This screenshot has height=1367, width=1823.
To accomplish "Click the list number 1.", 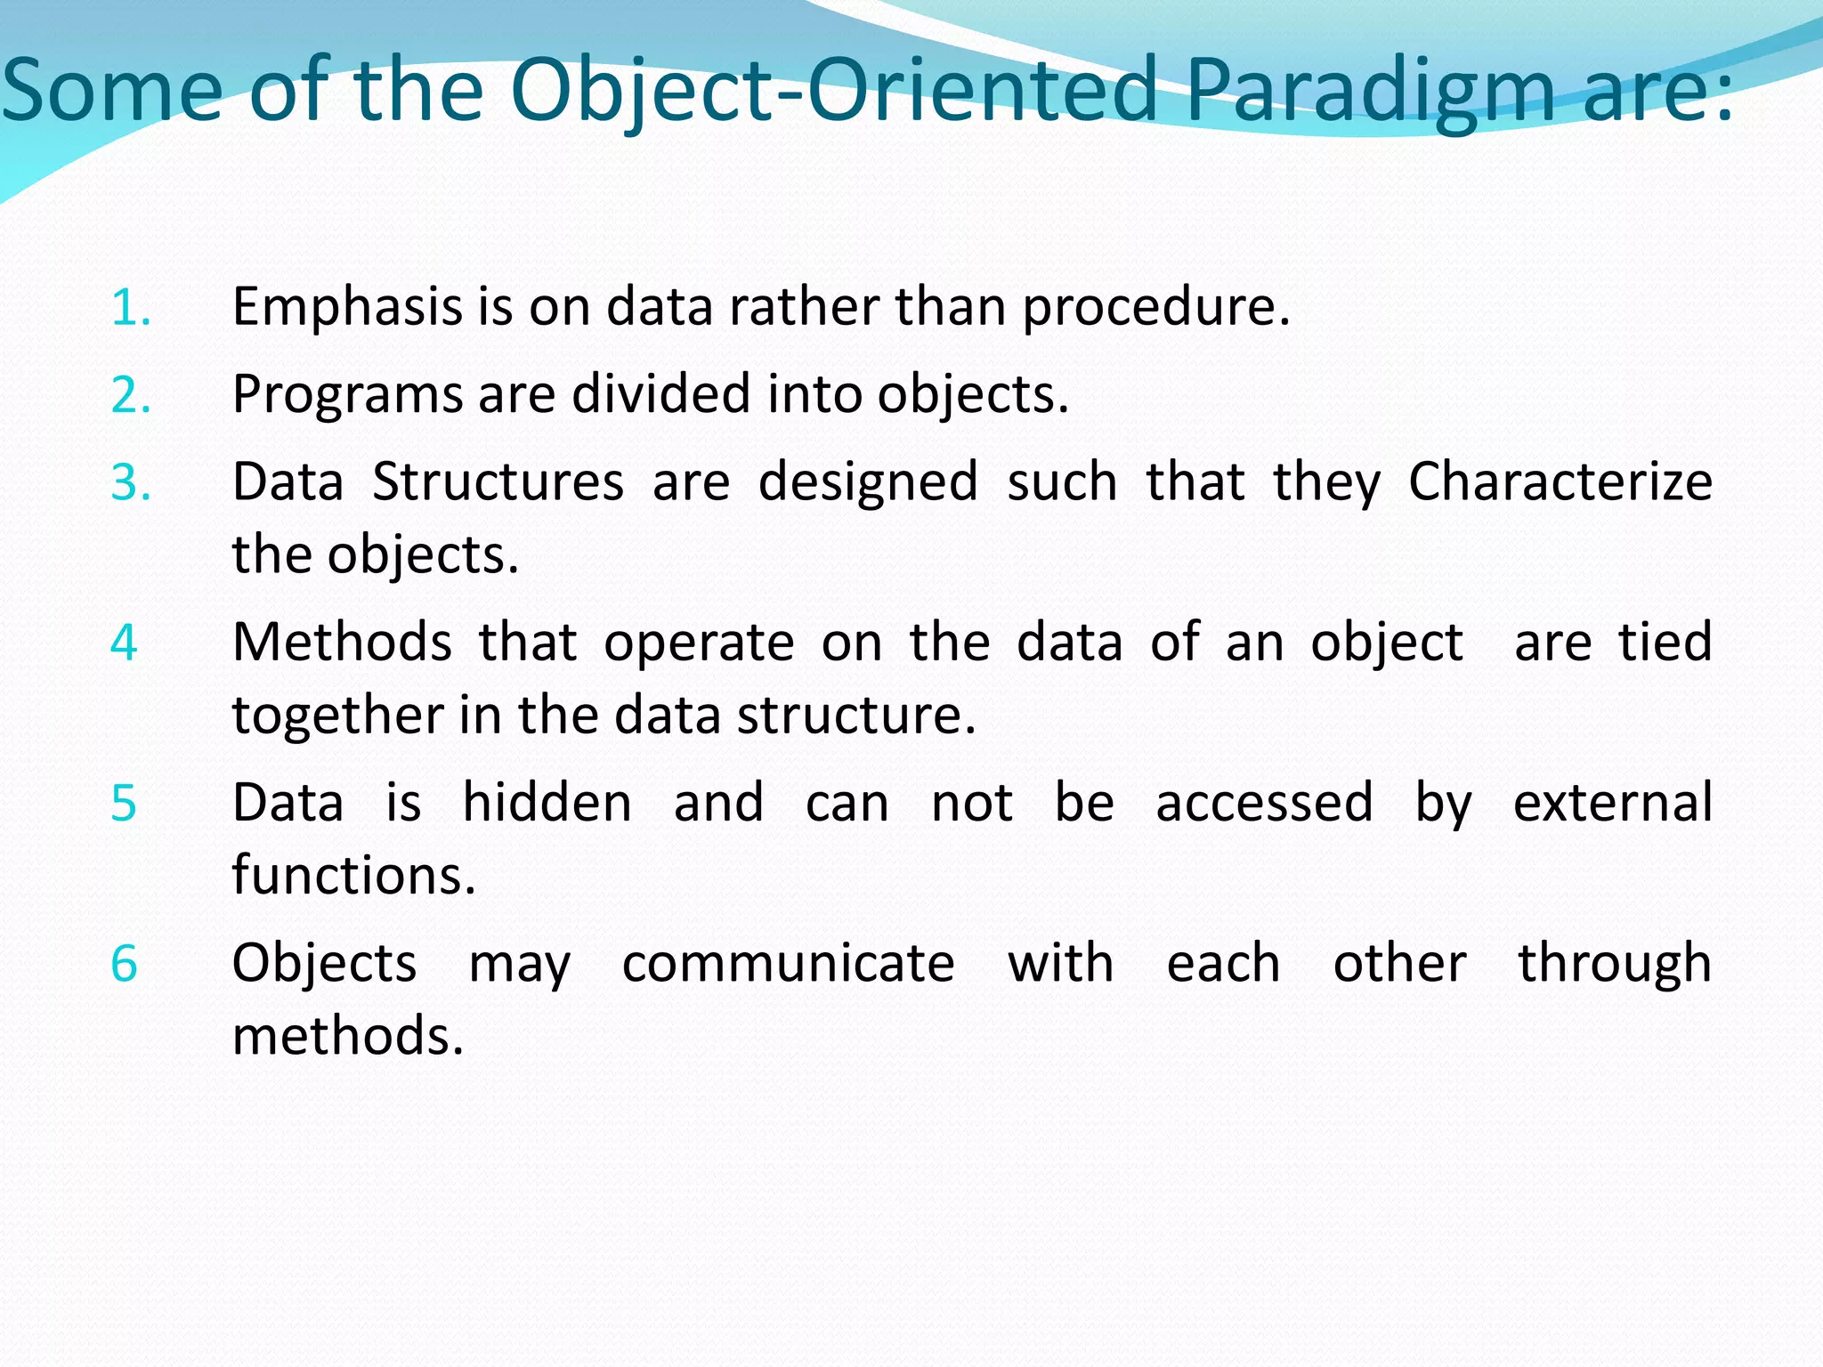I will coord(130,308).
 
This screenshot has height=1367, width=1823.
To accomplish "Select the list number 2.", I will coord(130,395).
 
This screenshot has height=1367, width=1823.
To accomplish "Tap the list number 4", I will coord(124,643).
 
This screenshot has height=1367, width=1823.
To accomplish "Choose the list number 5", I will coord(124,803).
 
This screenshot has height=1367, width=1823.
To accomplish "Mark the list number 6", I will coord(124,964).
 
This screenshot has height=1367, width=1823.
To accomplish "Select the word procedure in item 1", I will coord(1155,308).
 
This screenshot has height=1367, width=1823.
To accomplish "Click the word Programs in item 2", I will coord(347,395).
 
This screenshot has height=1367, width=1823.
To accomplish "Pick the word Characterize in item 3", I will coord(1560,483).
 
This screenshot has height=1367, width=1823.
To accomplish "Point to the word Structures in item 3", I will coord(498,483).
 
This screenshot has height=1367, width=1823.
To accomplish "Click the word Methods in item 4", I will coord(342,643).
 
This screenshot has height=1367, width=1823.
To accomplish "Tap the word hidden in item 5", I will coord(547,803).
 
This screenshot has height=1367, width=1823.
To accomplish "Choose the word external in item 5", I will coord(1612,803).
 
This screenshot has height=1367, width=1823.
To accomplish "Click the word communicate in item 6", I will coord(788,964).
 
